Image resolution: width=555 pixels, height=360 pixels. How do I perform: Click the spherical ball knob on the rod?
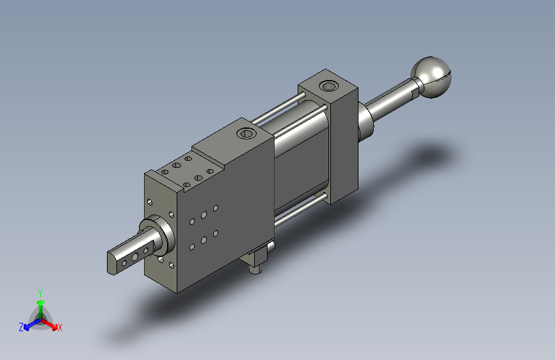click(x=431, y=77)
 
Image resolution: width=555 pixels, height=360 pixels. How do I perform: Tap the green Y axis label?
click(x=40, y=293)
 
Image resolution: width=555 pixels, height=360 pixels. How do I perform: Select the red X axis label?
click(x=60, y=328)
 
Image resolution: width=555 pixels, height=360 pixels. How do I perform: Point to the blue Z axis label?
click(x=21, y=327)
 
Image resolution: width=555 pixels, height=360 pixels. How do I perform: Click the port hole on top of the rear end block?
click(x=328, y=86)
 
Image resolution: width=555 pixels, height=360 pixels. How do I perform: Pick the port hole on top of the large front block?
click(x=246, y=134)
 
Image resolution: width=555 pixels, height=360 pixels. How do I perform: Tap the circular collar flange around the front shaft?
click(x=158, y=235)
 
